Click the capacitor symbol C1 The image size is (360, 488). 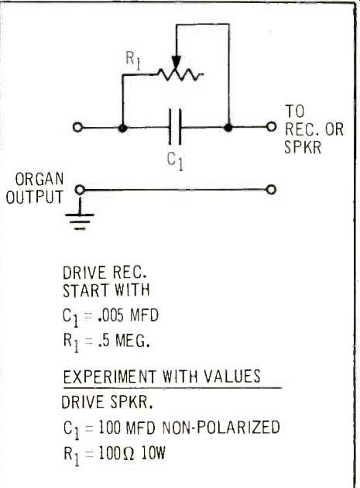pos(175,127)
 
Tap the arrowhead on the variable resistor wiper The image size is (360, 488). pos(176,62)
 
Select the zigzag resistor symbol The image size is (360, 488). pos(180,74)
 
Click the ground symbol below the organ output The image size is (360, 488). pos(80,218)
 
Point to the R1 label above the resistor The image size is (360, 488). pos(133,60)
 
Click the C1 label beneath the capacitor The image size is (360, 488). pos(175,160)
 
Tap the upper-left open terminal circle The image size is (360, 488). pos(77,127)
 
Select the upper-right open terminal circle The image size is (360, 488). pos(271,127)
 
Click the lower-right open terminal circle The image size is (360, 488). pos(271,190)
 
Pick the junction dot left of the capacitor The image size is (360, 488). pos(122,128)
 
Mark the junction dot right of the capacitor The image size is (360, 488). pos(228,127)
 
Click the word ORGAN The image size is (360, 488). pos(39,179)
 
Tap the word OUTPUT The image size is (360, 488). pos(35,198)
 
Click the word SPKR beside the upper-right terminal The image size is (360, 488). pos(303,147)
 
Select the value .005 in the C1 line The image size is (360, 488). pos(111,315)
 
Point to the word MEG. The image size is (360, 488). pos(132,341)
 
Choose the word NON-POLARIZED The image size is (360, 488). pos(221,427)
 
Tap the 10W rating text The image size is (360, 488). pos(153,453)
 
